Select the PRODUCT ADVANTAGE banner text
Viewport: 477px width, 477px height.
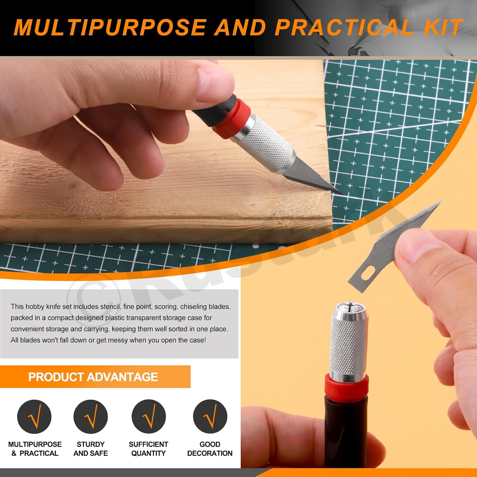click(x=93, y=377)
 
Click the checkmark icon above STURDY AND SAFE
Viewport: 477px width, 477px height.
click(x=91, y=417)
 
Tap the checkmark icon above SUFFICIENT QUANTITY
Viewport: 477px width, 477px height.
click(x=149, y=417)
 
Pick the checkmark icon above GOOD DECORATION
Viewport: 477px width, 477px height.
click(x=210, y=417)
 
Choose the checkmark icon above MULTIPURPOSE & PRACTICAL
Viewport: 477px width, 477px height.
click(x=34, y=417)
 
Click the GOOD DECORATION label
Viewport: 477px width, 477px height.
click(x=210, y=449)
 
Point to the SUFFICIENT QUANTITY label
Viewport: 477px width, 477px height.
click(x=149, y=449)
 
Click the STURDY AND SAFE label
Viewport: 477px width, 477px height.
click(x=91, y=449)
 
